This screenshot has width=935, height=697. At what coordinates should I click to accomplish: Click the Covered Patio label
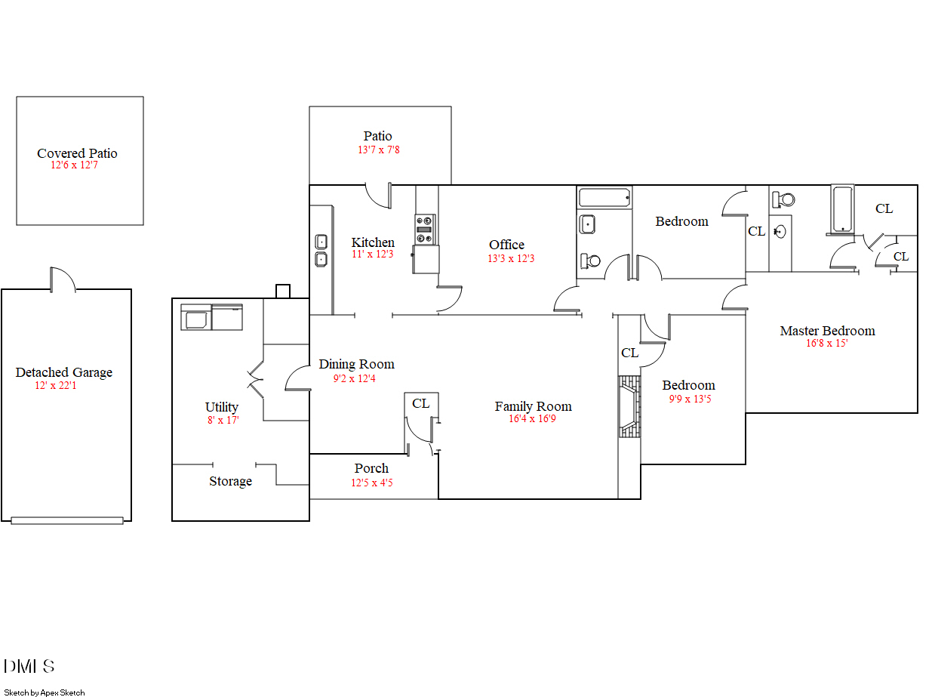[x=77, y=153]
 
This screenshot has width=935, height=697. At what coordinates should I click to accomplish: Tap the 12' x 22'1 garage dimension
[x=56, y=386]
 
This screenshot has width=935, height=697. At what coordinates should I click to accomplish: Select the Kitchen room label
[x=373, y=242]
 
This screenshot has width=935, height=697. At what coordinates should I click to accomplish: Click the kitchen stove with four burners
[x=425, y=230]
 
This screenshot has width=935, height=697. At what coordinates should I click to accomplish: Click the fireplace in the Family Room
[x=628, y=407]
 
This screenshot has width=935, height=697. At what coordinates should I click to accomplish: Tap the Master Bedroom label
[x=827, y=331]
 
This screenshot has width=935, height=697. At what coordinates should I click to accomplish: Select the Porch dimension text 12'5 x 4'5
[x=371, y=483]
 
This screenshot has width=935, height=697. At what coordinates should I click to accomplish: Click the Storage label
[x=230, y=481]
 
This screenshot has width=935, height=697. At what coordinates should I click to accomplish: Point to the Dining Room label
[x=356, y=364]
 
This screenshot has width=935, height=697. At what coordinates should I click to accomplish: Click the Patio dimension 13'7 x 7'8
[x=378, y=150]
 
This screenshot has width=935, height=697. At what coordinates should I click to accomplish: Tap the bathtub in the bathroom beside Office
[x=604, y=199]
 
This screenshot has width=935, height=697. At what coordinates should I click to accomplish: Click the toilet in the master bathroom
[x=783, y=199]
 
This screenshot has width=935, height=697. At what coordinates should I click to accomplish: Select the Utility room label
[x=222, y=407]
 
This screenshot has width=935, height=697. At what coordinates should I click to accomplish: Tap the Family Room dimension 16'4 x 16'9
[x=532, y=419]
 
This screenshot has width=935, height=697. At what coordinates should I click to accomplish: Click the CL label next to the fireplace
[x=629, y=353]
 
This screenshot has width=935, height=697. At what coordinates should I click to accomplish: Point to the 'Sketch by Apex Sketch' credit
[x=45, y=692]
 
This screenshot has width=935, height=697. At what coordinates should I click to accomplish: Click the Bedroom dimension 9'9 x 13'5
[x=690, y=399]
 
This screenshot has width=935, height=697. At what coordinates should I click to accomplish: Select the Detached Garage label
[x=63, y=372]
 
